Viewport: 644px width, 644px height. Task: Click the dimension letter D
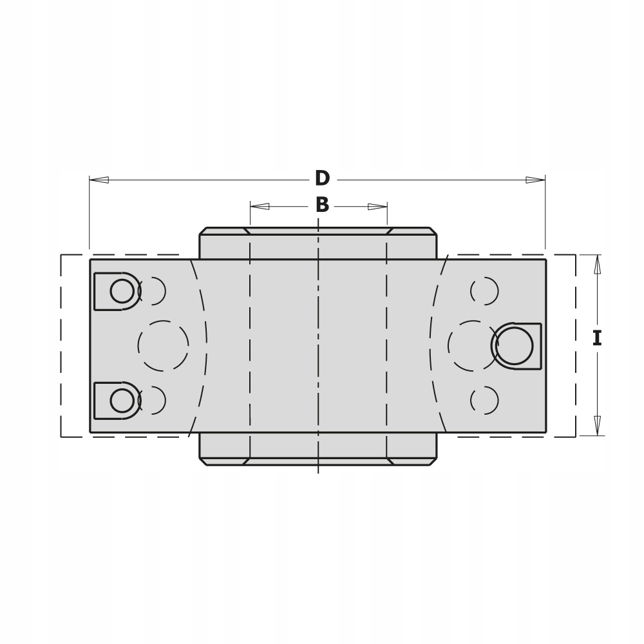[322, 178]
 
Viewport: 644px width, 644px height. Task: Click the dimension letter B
[322, 205]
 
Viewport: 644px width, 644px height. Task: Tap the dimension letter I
[596, 338]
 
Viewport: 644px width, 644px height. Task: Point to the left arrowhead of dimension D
[99, 180]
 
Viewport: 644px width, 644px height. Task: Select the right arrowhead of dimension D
[536, 180]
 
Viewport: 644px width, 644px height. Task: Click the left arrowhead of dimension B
[260, 206]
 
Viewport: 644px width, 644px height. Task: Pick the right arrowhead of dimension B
[377, 206]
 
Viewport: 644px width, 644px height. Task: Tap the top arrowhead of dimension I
[597, 264]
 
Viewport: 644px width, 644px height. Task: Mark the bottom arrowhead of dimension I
[597, 426]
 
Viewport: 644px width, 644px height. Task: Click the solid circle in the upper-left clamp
[122, 291]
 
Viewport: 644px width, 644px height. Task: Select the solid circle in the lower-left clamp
[122, 401]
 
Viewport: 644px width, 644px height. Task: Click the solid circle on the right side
[515, 346]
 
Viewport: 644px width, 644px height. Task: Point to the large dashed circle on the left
[163, 346]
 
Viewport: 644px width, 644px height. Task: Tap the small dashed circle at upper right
[484, 291]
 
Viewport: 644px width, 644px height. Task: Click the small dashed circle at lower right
[484, 401]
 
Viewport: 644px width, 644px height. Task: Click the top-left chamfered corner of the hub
[203, 231]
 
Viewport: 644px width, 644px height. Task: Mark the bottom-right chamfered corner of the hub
[433, 461]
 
